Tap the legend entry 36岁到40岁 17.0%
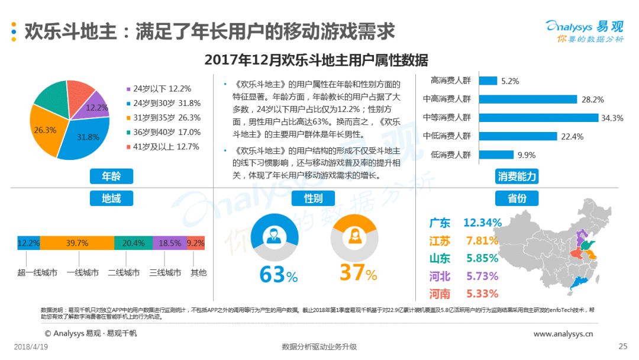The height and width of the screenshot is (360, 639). pos(164,132)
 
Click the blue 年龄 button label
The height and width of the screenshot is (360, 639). pos(111,176)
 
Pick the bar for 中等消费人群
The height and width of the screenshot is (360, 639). pos(538,118)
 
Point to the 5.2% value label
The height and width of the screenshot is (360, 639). pos(510,81)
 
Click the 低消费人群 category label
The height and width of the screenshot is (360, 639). pos(450,155)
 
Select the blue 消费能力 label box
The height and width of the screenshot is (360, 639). pos(517,176)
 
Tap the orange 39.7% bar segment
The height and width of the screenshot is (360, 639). pos(77,243)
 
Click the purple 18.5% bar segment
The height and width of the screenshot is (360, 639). pos(170,243)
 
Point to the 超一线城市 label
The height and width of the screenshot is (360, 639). pos(37,272)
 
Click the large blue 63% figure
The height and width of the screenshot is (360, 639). pos(279,274)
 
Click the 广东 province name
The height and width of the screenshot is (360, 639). pos(440,223)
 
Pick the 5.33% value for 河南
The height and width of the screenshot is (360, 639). pos(482,294)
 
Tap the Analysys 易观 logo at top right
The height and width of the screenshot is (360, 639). pos(585,31)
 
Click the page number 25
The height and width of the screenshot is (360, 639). pos(622,346)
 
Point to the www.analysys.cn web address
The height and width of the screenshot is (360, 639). pos(563,334)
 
